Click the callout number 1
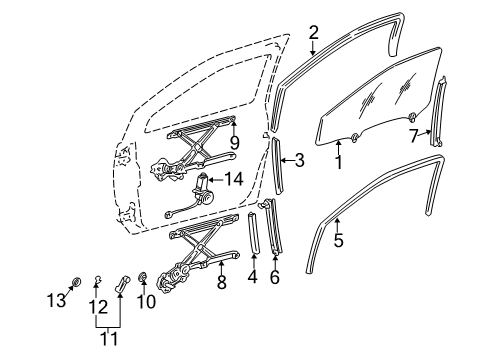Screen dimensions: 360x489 (x=338, y=159)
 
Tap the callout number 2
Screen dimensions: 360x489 (x=313, y=33)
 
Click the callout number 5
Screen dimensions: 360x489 (x=338, y=239)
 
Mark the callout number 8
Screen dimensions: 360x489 (x=221, y=283)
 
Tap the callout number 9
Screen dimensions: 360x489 (x=234, y=142)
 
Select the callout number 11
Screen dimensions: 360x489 (x=110, y=339)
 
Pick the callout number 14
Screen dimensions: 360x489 (x=233, y=180)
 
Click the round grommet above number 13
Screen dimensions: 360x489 (x=76, y=281)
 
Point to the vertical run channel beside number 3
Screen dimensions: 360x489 (x=277, y=158)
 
